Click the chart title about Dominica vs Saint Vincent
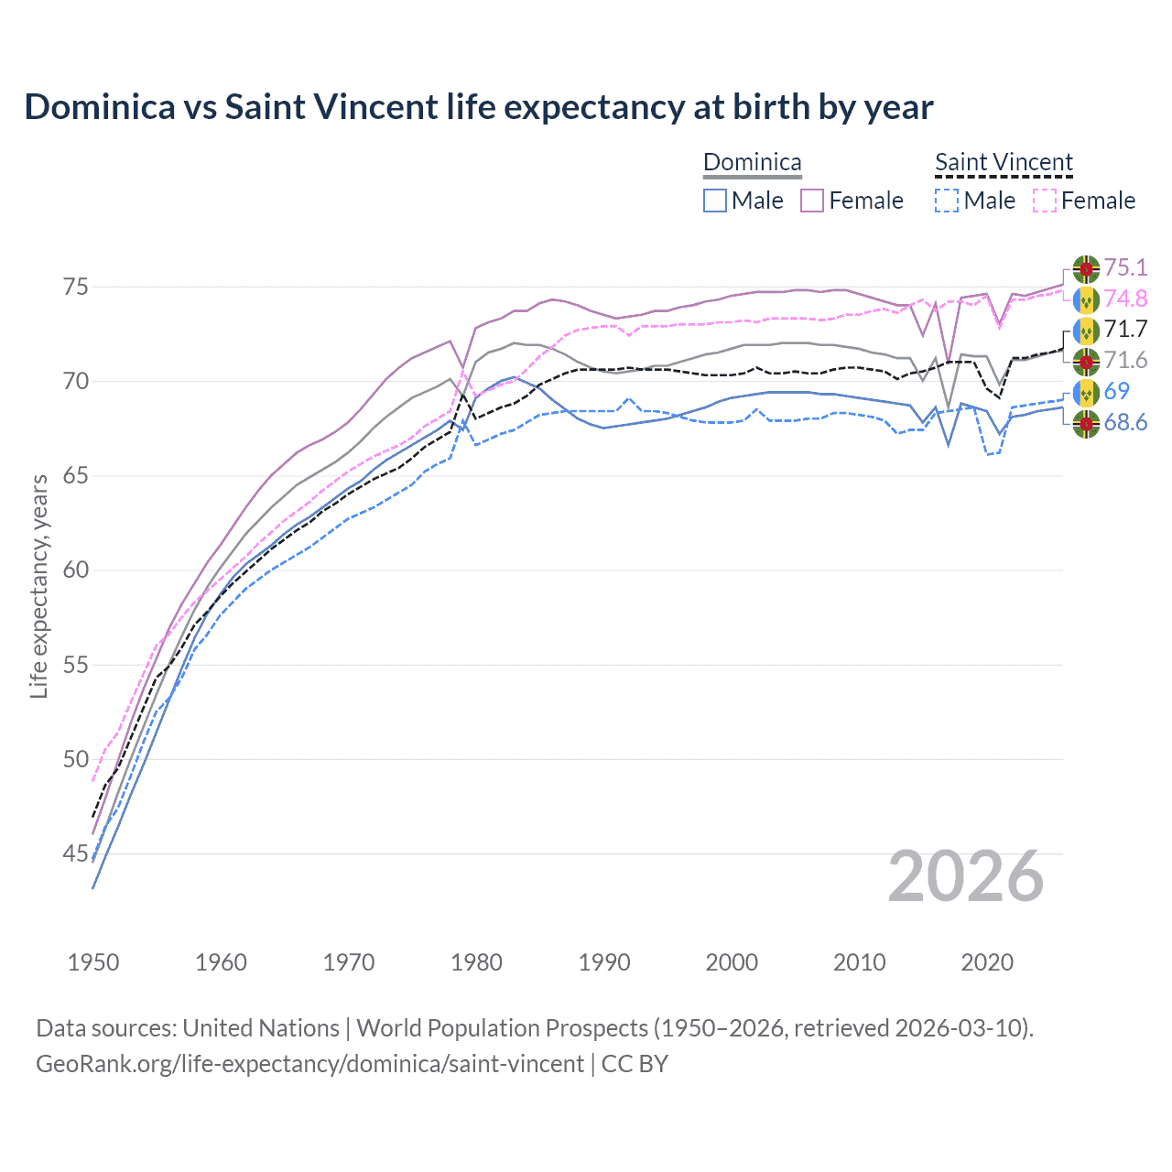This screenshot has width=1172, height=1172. (478, 107)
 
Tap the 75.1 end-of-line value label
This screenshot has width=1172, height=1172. (1124, 267)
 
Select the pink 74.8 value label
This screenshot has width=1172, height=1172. (1124, 298)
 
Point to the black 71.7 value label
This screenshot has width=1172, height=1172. (1124, 329)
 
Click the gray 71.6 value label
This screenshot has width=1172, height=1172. (1124, 360)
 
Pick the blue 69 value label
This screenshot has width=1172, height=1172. (1116, 391)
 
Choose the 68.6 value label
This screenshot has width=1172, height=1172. (1124, 422)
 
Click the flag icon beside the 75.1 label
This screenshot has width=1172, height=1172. (1086, 268)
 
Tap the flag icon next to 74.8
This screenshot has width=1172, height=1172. (1086, 298)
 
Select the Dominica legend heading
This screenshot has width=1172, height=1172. (752, 162)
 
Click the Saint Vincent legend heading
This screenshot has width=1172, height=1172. (1004, 162)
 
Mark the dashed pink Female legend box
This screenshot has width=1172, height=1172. (1044, 201)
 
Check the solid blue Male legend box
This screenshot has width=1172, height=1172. (715, 201)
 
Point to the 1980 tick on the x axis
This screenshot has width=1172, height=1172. (476, 962)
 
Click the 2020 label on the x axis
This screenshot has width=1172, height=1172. (986, 962)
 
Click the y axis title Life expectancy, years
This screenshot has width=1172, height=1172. (38, 586)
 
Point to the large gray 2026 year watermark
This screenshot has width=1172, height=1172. (965, 876)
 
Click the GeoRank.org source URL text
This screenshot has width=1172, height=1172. (309, 1064)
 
